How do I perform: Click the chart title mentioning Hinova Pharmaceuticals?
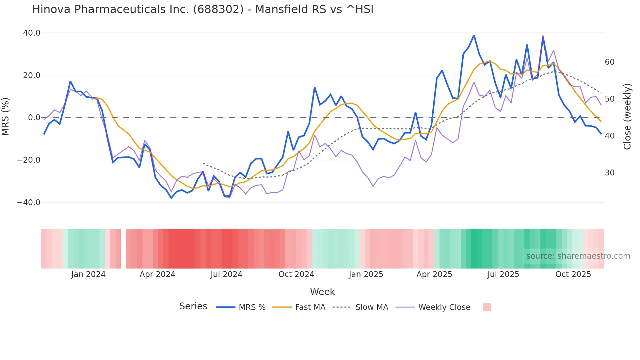point(202,9)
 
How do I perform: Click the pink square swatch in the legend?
point(487,307)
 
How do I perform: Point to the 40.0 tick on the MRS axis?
point(32,33)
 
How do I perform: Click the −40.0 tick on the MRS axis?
point(29,203)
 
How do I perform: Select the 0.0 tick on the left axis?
point(34,118)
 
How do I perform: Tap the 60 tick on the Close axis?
point(610,62)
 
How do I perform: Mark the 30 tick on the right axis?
point(610,173)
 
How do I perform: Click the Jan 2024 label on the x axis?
point(88,274)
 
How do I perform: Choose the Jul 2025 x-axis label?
point(503,274)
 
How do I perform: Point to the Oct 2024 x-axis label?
point(296,274)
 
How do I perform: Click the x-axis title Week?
point(322,292)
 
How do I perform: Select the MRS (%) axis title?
point(6,117)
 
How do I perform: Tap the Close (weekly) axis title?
point(627,117)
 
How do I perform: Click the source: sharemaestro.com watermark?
point(578,256)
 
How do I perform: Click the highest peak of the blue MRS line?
point(474,35)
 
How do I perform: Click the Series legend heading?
point(193,306)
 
